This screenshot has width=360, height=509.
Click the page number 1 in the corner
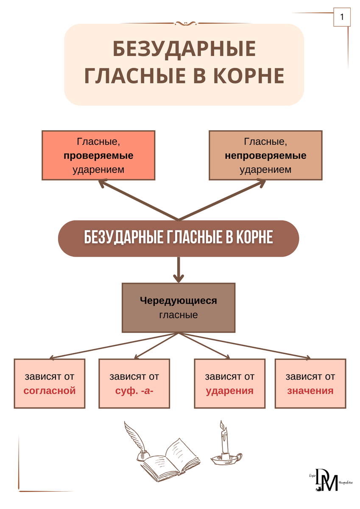342,18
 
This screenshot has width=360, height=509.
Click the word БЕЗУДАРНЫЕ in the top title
184,49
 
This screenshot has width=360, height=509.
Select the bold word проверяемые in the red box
98,156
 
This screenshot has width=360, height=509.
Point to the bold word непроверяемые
265,156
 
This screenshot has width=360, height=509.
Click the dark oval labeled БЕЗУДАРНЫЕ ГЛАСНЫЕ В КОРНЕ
179,238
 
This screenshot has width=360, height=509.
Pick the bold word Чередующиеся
179,301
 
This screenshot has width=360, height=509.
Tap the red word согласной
50,391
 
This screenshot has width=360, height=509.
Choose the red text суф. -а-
134,391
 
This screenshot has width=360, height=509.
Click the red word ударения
230,391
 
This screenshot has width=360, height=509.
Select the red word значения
310,391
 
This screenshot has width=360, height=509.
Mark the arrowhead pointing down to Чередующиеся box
179,278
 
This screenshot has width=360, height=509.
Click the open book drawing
170,460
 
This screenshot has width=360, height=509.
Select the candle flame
221,425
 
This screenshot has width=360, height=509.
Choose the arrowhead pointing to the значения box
307,358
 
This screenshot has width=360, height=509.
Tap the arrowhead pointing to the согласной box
52,358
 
